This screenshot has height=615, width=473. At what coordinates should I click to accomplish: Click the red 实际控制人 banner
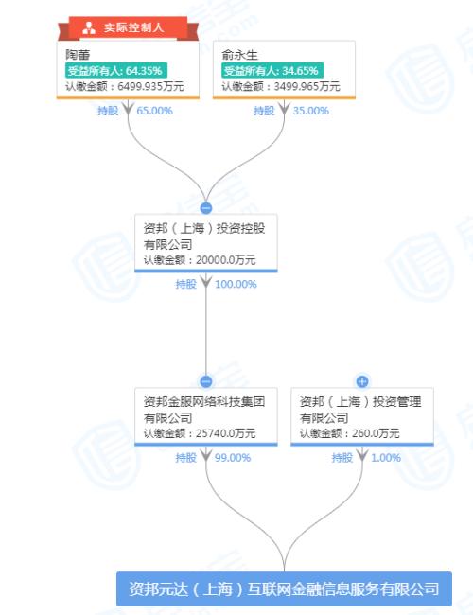(128, 27)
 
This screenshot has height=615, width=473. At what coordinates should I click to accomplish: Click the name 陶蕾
(78, 55)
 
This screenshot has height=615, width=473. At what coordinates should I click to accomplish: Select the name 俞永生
(239, 55)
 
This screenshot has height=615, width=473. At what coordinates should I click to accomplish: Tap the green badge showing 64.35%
(116, 71)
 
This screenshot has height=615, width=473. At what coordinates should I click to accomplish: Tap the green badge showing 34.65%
(272, 71)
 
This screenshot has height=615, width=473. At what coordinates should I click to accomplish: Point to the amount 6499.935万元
(150, 86)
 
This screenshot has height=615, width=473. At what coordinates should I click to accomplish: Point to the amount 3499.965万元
(307, 86)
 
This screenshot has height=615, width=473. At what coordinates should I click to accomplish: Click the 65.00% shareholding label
(154, 111)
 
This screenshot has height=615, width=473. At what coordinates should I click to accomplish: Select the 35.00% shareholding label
(310, 111)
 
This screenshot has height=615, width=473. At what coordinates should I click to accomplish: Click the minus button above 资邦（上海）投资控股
(206, 208)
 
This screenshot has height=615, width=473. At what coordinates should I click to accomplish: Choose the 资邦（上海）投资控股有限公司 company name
(204, 237)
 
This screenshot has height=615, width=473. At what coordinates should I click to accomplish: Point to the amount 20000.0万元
(225, 259)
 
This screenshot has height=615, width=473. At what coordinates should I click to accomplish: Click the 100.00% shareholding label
(236, 284)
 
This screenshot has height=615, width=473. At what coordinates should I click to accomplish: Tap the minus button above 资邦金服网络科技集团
(206, 381)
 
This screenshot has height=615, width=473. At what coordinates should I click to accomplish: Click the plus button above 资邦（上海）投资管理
(362, 381)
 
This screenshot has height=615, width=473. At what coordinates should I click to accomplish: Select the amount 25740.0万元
(225, 433)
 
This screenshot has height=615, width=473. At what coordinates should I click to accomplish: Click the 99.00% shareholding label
(233, 457)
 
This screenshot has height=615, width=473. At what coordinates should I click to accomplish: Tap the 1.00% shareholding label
(386, 457)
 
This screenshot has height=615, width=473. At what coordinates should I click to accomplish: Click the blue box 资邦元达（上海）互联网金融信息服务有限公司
(284, 589)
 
